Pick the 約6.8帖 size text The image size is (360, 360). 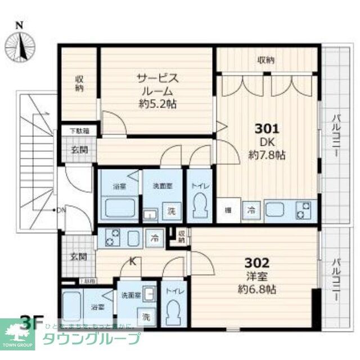click(256, 290)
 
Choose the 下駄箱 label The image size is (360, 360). click(78, 131)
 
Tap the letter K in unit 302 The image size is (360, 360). click(133, 260)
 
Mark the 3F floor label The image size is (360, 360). click(32, 323)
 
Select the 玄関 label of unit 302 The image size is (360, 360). click(78, 256)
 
